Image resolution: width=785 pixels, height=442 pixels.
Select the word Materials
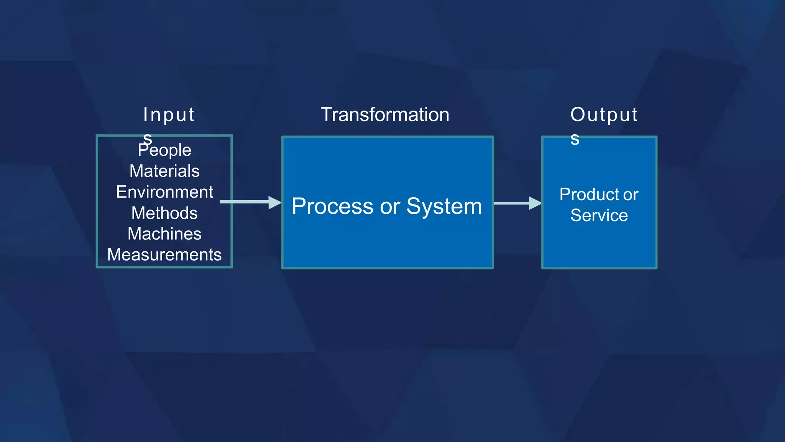pyautogui.click(x=164, y=171)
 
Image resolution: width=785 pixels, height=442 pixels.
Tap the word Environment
pyautogui.click(x=164, y=192)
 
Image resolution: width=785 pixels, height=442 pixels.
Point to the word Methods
pyautogui.click(x=164, y=213)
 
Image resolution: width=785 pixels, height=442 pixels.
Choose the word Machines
pyautogui.click(x=164, y=234)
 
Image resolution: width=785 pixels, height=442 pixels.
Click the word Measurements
pyautogui.click(x=164, y=255)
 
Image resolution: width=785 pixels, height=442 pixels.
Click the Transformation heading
pyautogui.click(x=385, y=115)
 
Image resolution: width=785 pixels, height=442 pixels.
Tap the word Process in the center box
pyautogui.click(x=332, y=206)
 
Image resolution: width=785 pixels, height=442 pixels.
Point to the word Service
pyautogui.click(x=599, y=215)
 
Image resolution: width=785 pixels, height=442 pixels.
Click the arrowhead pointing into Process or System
pyautogui.click(x=274, y=202)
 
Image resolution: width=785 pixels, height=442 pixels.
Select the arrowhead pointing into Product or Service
pyautogui.click(x=535, y=203)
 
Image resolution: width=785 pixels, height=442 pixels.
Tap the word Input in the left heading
pyautogui.click(x=169, y=115)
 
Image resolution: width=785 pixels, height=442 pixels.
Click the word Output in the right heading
pyautogui.click(x=604, y=115)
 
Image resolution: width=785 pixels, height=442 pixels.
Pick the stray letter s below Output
pyautogui.click(x=575, y=139)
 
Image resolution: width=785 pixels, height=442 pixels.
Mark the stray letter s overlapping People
pyautogui.click(x=148, y=139)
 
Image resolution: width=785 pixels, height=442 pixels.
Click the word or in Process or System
pyautogui.click(x=390, y=207)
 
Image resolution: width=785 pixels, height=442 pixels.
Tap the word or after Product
pyautogui.click(x=631, y=195)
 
